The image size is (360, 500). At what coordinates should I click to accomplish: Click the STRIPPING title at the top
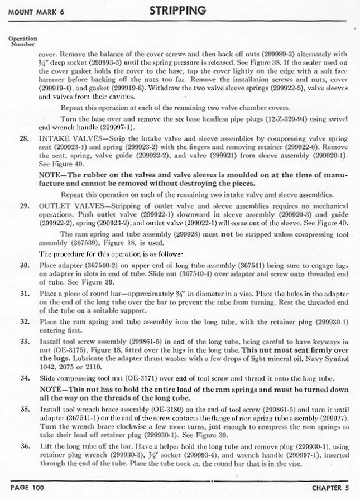tap(177, 10)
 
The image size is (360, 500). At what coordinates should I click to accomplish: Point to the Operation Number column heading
tap(22, 41)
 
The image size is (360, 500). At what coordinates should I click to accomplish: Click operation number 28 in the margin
tap(25, 136)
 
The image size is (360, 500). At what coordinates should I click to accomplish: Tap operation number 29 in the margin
tap(25, 205)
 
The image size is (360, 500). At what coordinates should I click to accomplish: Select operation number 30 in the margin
tap(25, 265)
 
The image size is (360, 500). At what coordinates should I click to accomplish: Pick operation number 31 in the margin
tap(25, 294)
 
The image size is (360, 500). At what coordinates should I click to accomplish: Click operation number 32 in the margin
tap(25, 322)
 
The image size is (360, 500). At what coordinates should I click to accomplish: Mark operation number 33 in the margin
tap(25, 341)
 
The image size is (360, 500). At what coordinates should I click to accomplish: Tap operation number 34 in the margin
tap(25, 378)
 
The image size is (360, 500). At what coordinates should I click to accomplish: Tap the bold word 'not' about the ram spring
tap(225, 234)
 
